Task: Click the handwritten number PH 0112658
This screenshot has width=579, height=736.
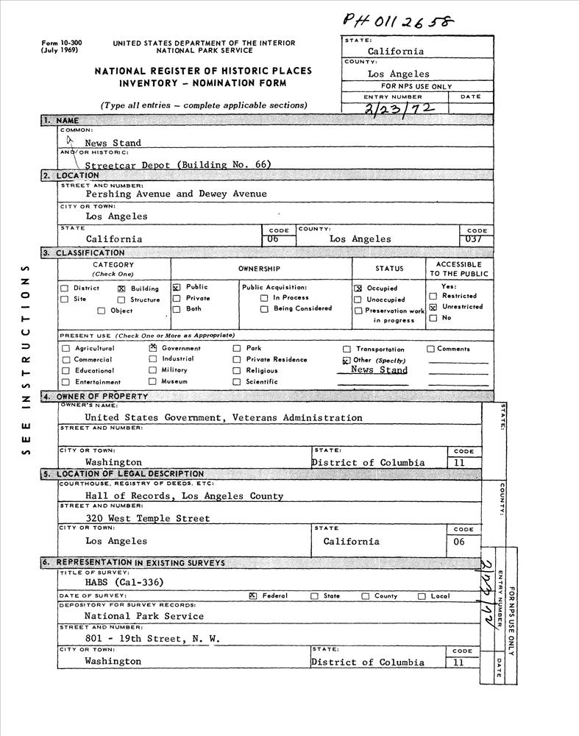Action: pos(399,22)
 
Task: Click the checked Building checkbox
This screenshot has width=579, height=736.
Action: pos(121,289)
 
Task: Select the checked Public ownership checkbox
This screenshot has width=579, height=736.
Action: pos(177,287)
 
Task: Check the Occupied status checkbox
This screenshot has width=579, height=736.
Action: pos(358,289)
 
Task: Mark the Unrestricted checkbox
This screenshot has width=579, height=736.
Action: pos(433,307)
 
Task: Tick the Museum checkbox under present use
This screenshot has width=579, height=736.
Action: pos(153,381)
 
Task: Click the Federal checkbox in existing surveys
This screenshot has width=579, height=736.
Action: pos(253,595)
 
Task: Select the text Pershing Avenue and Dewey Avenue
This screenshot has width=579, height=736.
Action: pos(176,194)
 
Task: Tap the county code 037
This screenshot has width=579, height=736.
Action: pos(476,238)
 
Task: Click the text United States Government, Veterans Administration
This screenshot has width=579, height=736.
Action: pos(223,417)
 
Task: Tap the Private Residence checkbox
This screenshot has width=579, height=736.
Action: pos(237,360)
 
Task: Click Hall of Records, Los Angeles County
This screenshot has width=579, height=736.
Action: pos(184,496)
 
